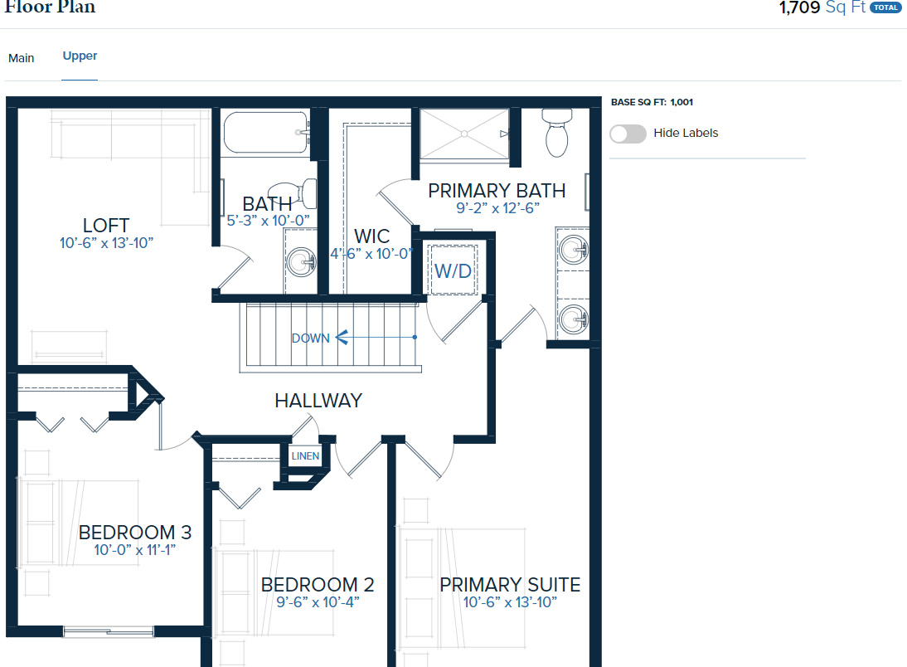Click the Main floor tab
coord(22,58)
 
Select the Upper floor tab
coord(80,56)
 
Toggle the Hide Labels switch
coord(628,134)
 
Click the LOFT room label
coord(106,225)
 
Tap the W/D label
coord(453,270)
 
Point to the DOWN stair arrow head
coord(342,337)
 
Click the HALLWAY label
coord(318,400)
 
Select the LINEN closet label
coord(305,455)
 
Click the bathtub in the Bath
coord(266,132)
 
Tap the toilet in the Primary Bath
coord(557,133)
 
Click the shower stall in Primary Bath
coord(464,134)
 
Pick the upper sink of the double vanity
coord(573,251)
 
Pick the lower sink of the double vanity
coord(573,319)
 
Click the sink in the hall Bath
coord(302,262)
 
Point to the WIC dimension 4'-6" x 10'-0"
coord(371,254)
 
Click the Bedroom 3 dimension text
coord(135,549)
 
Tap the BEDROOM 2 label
coord(318,584)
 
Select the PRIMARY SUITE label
coord(510,584)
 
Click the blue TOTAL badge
coord(885,7)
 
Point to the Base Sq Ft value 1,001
coord(681,102)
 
